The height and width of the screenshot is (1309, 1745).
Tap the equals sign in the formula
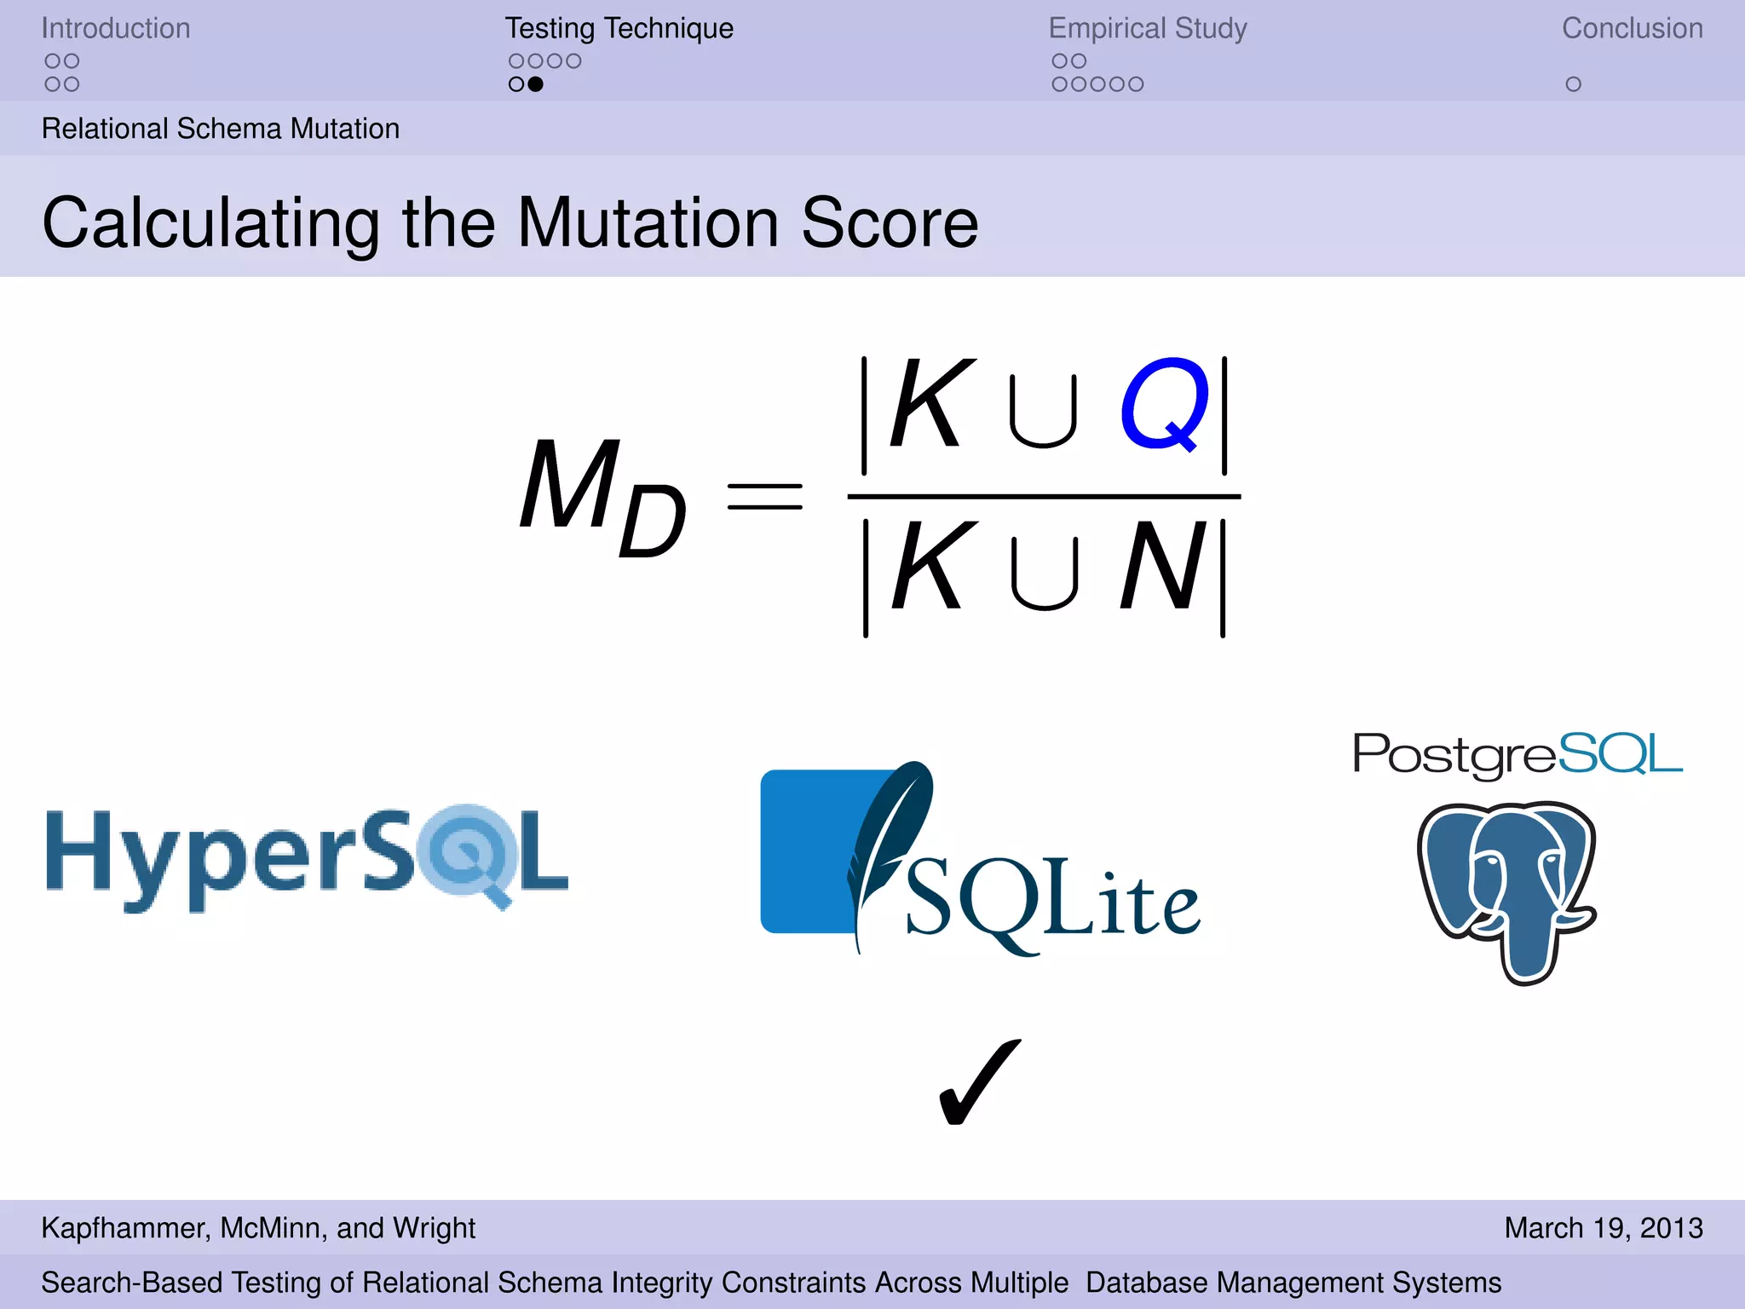(764, 496)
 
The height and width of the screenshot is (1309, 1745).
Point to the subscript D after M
(652, 522)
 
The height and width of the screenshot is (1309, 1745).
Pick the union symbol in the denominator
(1045, 573)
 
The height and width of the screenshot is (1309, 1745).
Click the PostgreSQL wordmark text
(1518, 754)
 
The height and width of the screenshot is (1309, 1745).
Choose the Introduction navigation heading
(116, 28)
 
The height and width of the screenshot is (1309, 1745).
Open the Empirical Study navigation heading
(1148, 28)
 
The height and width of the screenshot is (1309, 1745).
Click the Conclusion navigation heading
(1632, 28)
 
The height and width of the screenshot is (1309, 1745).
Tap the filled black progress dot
(535, 84)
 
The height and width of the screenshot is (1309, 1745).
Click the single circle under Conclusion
(1573, 84)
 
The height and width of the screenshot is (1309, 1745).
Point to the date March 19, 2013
(1603, 1227)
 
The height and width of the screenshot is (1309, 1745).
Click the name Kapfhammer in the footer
(123, 1227)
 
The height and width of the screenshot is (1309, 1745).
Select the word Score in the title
(890, 223)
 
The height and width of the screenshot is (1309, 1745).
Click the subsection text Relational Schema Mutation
(221, 129)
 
